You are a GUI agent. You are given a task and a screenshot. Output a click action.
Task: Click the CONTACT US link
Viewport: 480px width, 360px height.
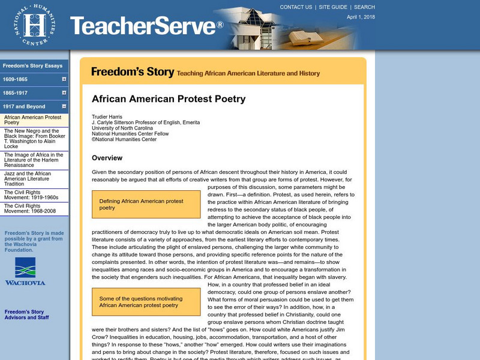296,7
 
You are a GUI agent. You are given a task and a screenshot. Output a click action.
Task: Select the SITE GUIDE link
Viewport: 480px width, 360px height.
332,7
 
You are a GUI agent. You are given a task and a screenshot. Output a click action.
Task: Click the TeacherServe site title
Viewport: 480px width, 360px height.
146,26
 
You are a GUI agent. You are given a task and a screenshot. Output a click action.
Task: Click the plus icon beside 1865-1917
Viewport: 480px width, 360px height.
64,92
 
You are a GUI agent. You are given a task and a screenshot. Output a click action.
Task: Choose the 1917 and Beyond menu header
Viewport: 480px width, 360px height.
24,106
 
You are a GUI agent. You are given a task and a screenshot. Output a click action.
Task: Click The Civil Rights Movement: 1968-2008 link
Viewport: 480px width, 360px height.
30,209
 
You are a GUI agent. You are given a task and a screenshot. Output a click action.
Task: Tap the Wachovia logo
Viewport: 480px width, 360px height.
25,271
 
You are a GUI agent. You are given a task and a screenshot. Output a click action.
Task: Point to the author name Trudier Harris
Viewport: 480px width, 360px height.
108,116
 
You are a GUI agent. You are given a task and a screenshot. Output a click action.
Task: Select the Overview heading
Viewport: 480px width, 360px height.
107,158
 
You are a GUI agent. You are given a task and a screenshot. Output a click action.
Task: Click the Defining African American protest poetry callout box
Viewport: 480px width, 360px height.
146,205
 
